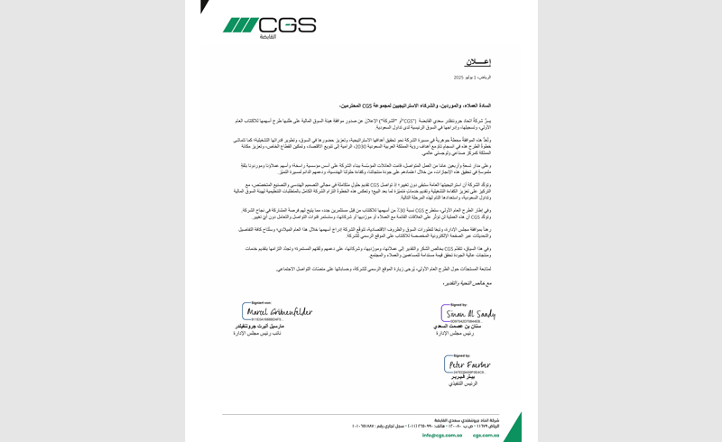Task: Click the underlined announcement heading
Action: tap(477, 62)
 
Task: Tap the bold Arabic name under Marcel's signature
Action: tap(272, 327)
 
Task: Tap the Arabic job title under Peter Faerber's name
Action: tap(462, 384)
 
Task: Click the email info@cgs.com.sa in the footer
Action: tap(442, 434)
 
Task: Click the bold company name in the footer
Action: tap(475, 413)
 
